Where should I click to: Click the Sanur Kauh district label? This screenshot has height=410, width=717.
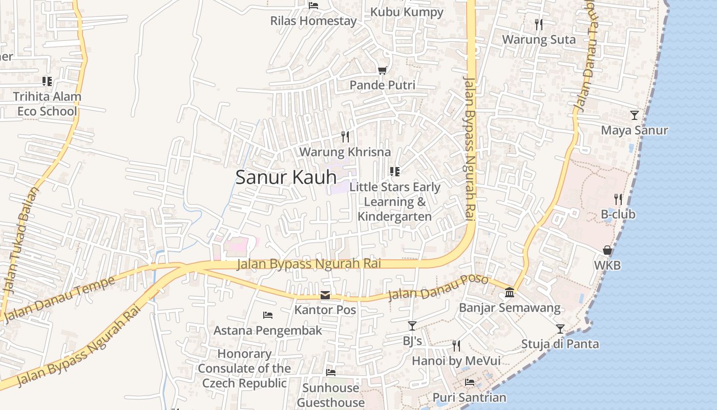coord(286,177)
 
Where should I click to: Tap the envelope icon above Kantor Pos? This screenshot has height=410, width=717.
coord(325,295)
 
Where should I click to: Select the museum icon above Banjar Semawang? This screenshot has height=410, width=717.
coord(510,293)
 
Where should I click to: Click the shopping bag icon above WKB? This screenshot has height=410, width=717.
coord(607,250)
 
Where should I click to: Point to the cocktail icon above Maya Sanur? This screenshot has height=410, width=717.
coord(635,115)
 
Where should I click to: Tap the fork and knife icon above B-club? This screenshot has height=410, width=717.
coord(618,199)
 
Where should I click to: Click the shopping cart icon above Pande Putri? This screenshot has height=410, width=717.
coord(382,70)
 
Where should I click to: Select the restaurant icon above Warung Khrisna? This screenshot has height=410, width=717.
coord(345,137)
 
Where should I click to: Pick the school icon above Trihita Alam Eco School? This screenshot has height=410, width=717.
coord(47,81)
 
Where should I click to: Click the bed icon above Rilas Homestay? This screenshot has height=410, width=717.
coord(313,6)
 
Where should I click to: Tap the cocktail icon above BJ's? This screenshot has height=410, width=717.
coord(412,325)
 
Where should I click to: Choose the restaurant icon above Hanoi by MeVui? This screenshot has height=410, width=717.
coord(456,345)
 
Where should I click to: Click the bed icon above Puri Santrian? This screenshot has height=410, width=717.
coord(469,382)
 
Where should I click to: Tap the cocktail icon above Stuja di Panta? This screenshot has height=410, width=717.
coord(560,329)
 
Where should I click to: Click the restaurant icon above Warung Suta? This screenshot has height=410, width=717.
coord(538,24)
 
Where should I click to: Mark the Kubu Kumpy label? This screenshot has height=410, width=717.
coord(407,12)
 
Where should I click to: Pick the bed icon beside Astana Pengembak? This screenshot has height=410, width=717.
coord(267,315)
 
